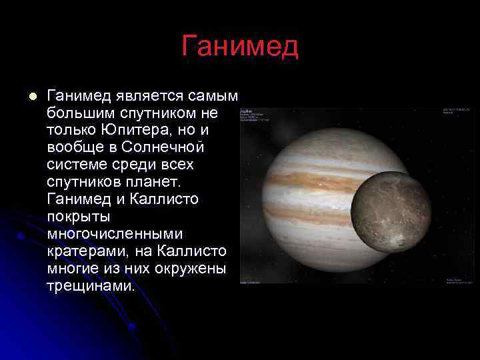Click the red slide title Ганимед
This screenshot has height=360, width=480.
[x=240, y=47]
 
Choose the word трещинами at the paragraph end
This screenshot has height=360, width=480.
[x=91, y=286]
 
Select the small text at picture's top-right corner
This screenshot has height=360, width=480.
[x=456, y=110]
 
